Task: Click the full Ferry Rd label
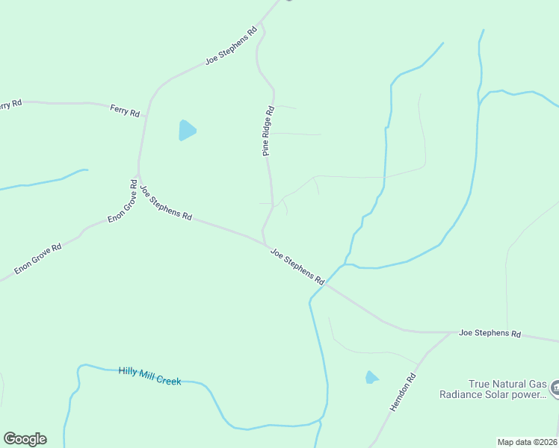[x=125, y=111]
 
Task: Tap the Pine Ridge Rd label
[x=268, y=131]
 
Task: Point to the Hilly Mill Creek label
[x=149, y=376]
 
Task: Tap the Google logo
[x=25, y=439]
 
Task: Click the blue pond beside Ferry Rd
[x=186, y=131]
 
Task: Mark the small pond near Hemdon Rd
[x=371, y=378]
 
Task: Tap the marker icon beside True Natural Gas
[x=555, y=388]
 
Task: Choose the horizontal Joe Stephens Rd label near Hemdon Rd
[x=489, y=333]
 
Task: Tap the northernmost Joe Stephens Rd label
[x=232, y=46]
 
